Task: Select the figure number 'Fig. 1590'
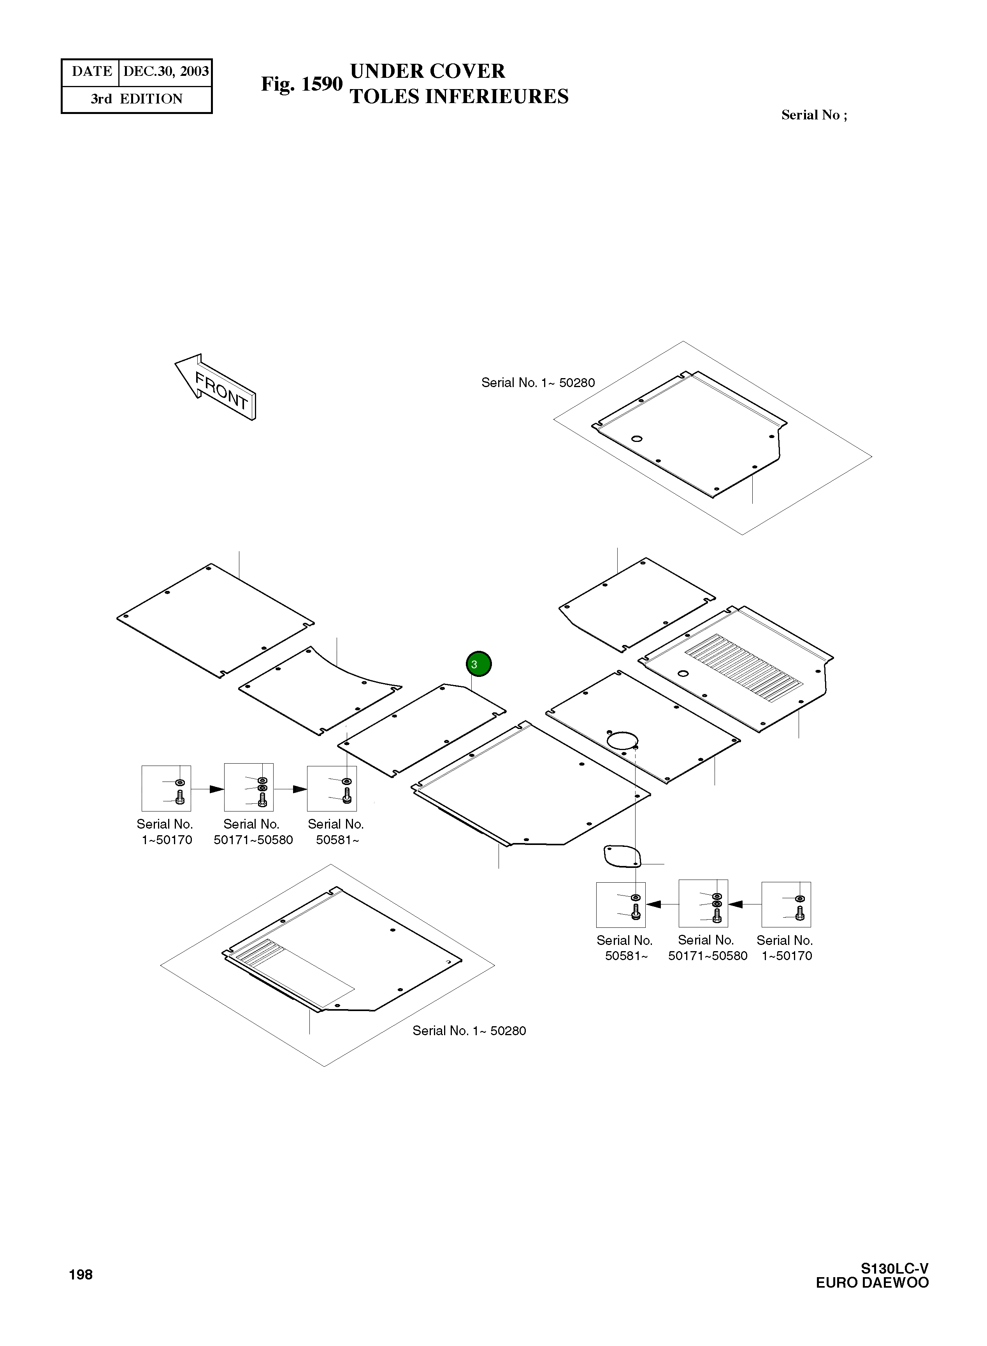301,84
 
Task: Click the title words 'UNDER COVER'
427,71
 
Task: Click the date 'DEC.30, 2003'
165,72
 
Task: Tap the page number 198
81,1274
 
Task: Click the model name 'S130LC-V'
894,1268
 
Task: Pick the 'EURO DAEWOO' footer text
872,1283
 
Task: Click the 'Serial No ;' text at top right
814,115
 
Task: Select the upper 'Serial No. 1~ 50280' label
538,383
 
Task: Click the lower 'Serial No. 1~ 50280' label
469,1031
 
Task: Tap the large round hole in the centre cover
622,740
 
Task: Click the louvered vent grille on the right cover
744,668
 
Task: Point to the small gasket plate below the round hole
622,856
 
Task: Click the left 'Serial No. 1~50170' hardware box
166,788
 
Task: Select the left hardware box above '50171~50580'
249,787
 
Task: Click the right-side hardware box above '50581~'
621,905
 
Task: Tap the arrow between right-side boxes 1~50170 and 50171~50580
736,904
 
